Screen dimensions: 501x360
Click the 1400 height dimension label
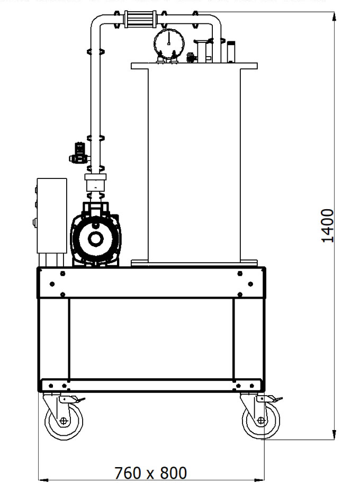point(328,225)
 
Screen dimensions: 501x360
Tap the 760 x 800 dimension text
point(151,472)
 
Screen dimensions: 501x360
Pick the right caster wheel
point(260,421)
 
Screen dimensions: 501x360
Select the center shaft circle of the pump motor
point(96,239)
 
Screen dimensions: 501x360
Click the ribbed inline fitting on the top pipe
point(139,22)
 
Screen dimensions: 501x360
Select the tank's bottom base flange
point(194,263)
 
